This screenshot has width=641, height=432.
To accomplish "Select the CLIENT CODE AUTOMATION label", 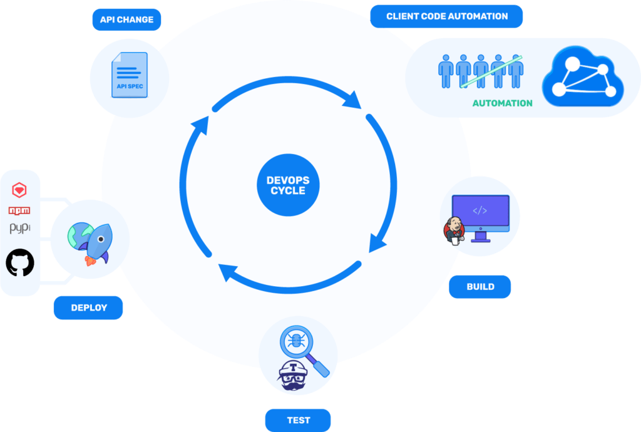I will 446,16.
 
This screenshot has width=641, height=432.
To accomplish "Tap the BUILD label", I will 480,287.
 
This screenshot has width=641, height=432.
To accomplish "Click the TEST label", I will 298,419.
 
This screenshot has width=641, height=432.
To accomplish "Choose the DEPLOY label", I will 88,307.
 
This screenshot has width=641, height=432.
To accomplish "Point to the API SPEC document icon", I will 130,75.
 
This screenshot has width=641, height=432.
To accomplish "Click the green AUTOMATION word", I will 502,103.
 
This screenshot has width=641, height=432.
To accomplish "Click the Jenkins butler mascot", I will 453,230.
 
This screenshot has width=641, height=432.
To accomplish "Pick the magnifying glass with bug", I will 302,348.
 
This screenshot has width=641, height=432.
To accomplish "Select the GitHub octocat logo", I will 20,263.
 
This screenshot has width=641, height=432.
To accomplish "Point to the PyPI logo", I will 19,229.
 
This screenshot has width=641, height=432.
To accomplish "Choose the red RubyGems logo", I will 19,190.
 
